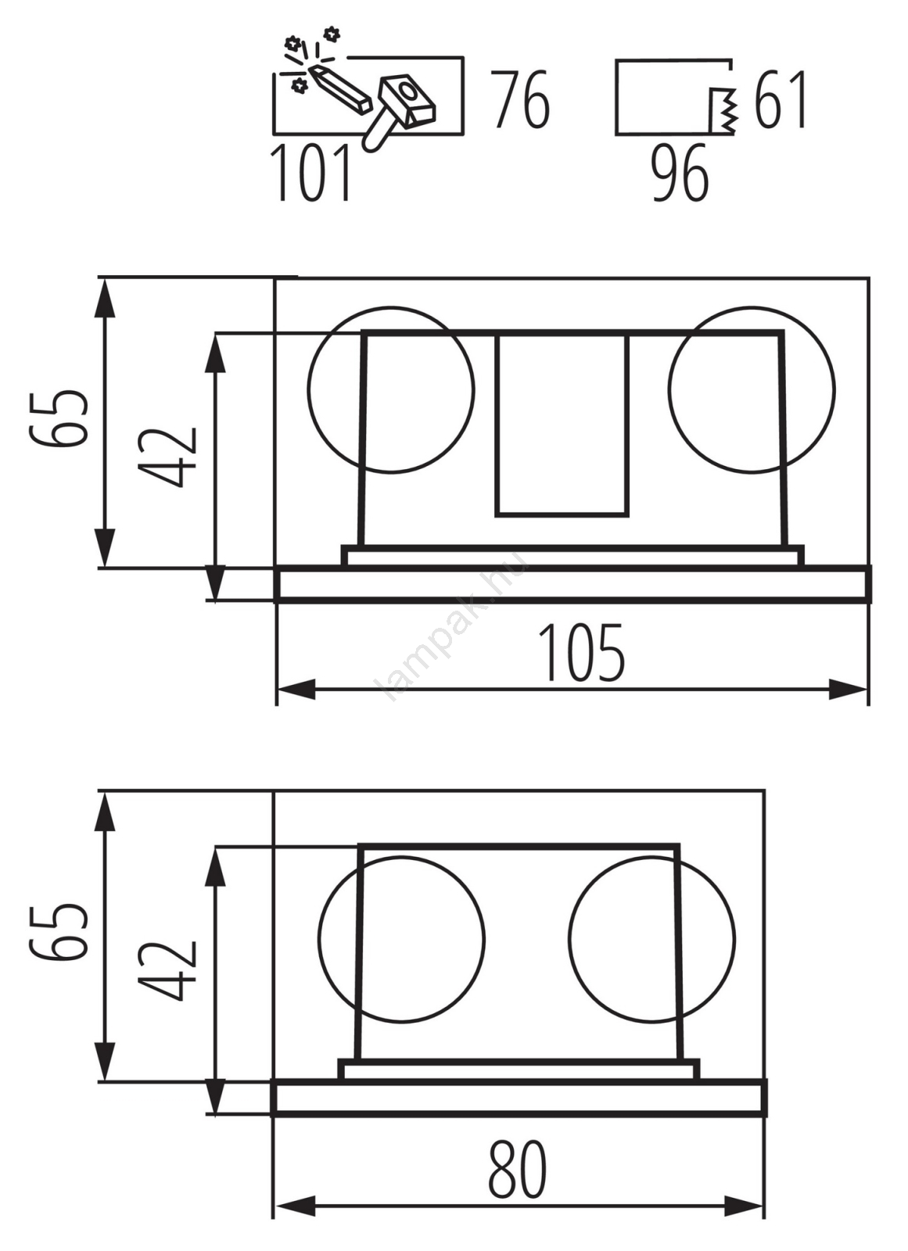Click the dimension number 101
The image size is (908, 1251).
pos(310,172)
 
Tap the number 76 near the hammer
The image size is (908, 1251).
pos(521,99)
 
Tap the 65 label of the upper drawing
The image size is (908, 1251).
pos(59,419)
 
